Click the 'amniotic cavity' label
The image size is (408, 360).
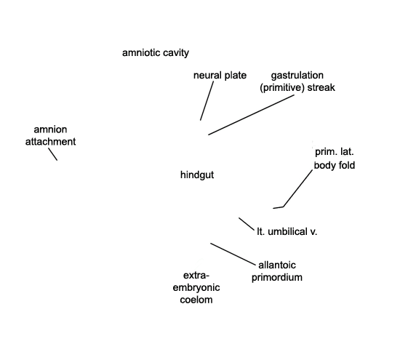click(156, 53)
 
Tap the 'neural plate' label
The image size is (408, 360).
click(220, 76)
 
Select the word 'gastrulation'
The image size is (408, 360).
click(297, 76)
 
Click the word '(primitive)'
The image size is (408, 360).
click(282, 87)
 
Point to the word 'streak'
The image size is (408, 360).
click(321, 87)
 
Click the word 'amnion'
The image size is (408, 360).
click(50, 129)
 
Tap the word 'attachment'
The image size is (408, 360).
click(50, 142)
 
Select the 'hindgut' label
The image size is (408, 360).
click(197, 175)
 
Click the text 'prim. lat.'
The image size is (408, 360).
click(335, 152)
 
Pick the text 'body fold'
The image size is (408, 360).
click(335, 165)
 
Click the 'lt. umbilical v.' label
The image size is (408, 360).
click(287, 231)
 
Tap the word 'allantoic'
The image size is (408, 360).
click(277, 265)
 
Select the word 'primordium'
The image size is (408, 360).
click(277, 277)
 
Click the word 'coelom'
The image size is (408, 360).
click(196, 300)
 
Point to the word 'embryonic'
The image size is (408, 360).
click(196, 288)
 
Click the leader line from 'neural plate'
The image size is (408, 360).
click(207, 100)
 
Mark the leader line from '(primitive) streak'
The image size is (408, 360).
click(252, 115)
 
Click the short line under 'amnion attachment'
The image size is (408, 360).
click(52, 154)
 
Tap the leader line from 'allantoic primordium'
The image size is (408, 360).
click(233, 254)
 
